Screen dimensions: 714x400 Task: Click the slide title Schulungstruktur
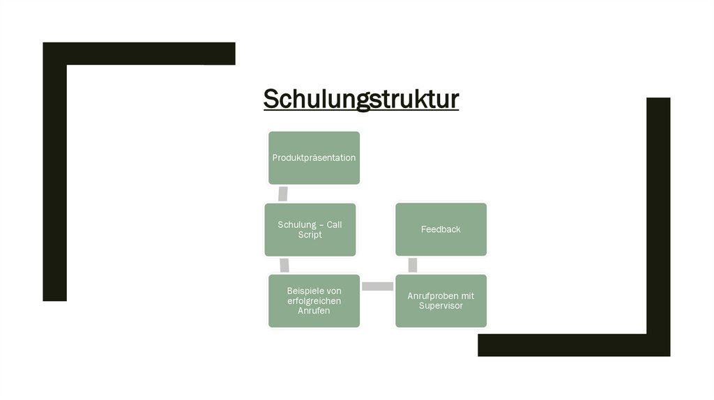(x=360, y=99)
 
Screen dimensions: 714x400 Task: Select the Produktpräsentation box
(x=314, y=157)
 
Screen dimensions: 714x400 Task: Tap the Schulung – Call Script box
(x=310, y=229)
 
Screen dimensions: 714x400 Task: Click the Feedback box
(x=441, y=229)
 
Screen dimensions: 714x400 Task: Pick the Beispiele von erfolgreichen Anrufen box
(x=314, y=300)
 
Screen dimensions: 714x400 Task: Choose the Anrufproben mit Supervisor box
(x=441, y=300)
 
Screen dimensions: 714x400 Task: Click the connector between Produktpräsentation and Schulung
(x=282, y=194)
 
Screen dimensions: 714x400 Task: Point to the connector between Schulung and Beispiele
(x=284, y=265)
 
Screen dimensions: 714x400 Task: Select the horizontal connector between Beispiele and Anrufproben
(x=377, y=286)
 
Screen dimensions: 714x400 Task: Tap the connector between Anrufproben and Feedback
(x=413, y=265)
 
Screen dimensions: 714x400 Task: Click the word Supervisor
(x=441, y=306)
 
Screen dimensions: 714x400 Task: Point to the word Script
(x=310, y=236)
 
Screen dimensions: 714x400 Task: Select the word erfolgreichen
(x=314, y=300)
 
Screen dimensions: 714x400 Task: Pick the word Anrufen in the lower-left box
(x=314, y=311)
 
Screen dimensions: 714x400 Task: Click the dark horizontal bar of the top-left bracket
(x=139, y=54)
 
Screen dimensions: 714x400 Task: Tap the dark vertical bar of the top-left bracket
(x=54, y=181)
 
